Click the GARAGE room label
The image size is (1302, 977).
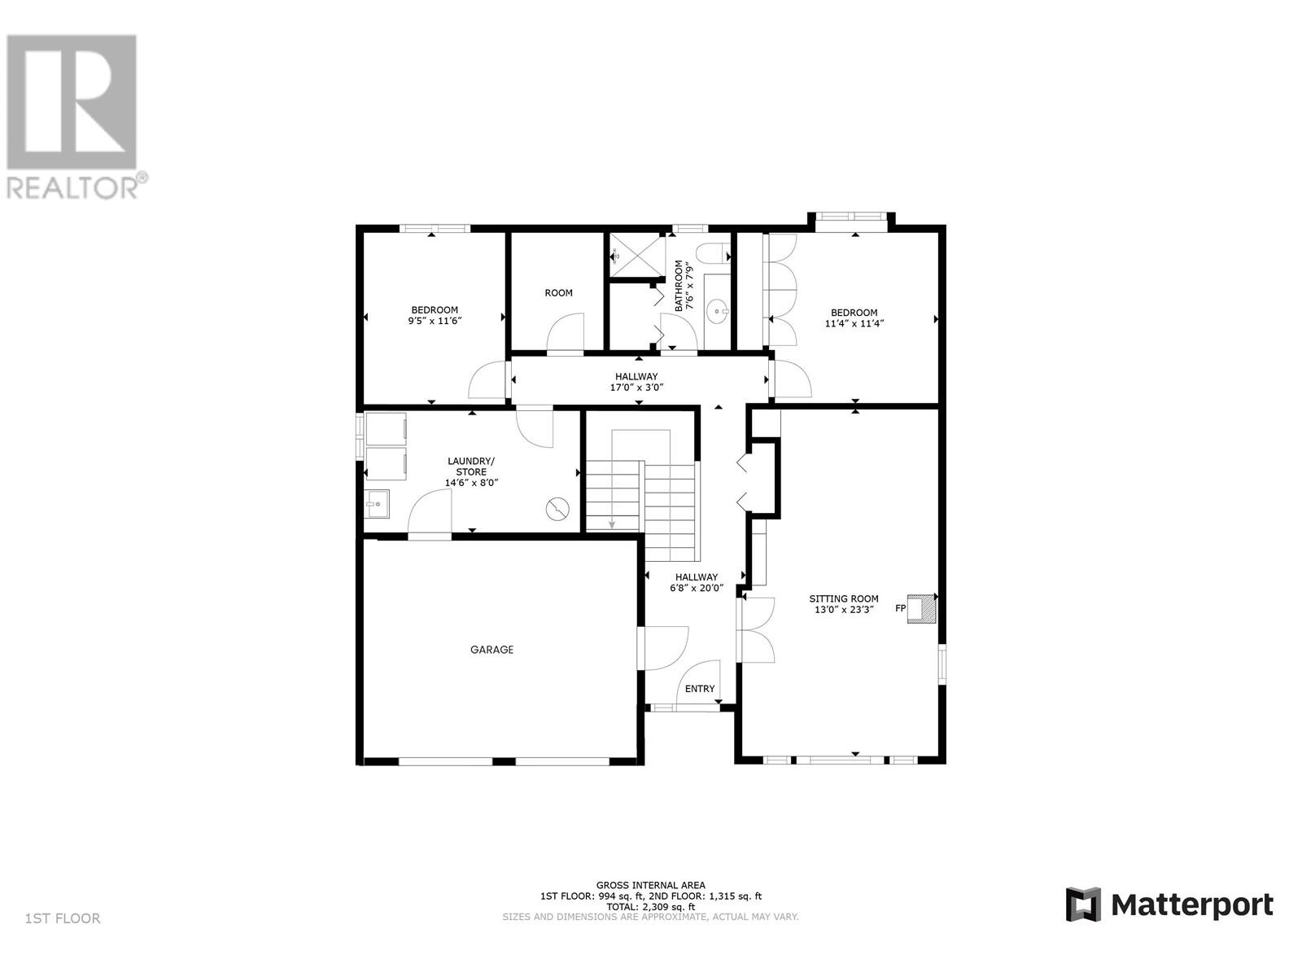492,650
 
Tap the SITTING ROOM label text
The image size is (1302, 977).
843,598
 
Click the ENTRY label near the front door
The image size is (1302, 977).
699,689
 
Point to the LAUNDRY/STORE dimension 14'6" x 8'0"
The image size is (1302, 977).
470,483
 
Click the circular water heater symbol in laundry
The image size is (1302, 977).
557,510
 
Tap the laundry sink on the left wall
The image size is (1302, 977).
376,505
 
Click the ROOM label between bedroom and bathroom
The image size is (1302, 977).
558,293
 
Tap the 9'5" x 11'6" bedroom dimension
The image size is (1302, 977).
435,322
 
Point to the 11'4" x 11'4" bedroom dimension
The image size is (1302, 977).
854,323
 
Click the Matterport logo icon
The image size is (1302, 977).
1083,905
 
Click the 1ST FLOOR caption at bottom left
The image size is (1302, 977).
63,918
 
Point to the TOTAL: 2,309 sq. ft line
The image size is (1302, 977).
650,906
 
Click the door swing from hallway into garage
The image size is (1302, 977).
663,648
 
